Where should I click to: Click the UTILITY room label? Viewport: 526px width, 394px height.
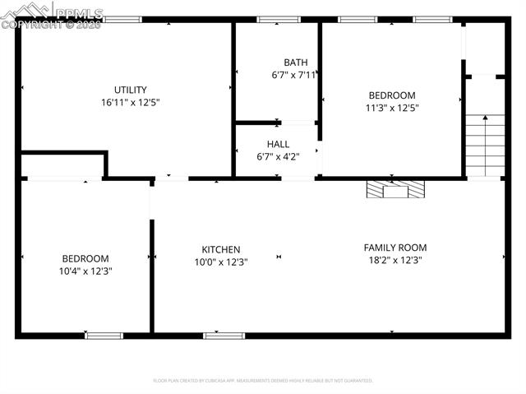(130, 90)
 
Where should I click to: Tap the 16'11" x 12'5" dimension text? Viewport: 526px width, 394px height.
(130, 104)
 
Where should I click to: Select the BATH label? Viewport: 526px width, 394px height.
(295, 63)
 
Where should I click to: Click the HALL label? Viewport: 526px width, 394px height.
(278, 144)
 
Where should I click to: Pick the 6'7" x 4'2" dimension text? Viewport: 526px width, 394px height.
(278, 157)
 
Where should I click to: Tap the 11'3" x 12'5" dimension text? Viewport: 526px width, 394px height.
(391, 108)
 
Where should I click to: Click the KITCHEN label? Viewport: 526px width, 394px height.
(221, 250)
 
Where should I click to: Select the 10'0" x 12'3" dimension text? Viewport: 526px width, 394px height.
(221, 262)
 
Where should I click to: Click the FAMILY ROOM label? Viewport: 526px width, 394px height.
(395, 248)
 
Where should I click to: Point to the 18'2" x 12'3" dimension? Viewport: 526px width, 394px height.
(395, 261)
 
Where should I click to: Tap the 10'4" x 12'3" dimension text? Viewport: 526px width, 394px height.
(85, 271)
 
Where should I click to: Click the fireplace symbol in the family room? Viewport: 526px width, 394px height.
(397, 189)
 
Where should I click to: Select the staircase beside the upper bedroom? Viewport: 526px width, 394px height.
(485, 144)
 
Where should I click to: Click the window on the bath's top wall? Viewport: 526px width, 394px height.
(279, 19)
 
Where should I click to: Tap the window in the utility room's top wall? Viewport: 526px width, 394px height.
(122, 19)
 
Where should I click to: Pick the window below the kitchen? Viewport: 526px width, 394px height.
(224, 336)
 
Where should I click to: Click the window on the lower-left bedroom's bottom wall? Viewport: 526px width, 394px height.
(104, 336)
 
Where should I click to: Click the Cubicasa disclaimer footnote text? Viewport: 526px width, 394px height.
(263, 381)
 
